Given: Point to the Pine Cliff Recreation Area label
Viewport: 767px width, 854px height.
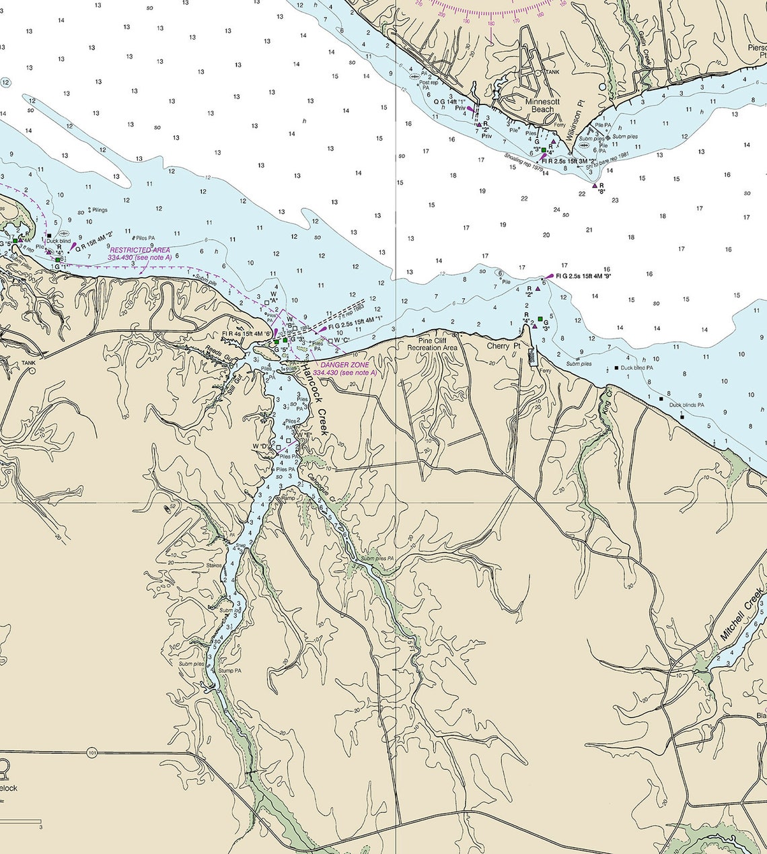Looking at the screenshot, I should click(x=433, y=344).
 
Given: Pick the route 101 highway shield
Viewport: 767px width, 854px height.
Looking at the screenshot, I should click(x=92, y=752).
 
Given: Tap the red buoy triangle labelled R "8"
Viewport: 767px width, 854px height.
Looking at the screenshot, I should click(x=594, y=185).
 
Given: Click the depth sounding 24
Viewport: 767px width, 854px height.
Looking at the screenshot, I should click(x=556, y=210).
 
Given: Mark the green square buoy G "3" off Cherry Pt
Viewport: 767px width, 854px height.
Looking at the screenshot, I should click(x=540, y=318).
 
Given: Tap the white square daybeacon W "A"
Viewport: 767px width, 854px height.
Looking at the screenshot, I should click(x=267, y=303).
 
